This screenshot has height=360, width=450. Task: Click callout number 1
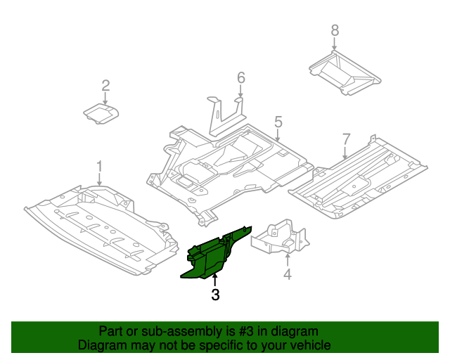tap(99, 166)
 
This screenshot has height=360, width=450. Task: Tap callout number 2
tap(105, 86)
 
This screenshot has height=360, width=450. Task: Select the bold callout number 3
tap(215, 295)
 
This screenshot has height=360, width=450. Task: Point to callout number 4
tap(287, 274)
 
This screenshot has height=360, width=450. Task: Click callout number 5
tap(278, 122)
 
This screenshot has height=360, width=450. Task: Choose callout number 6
tap(240, 77)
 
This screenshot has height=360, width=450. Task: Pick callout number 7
tap(346, 138)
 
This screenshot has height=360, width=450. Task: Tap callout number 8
tap(335, 30)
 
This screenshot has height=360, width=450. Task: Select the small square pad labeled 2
tap(101, 113)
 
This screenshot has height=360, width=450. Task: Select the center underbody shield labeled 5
tap(232, 165)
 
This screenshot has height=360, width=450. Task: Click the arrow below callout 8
tap(335, 44)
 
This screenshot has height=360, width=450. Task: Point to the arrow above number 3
tap(215, 281)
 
